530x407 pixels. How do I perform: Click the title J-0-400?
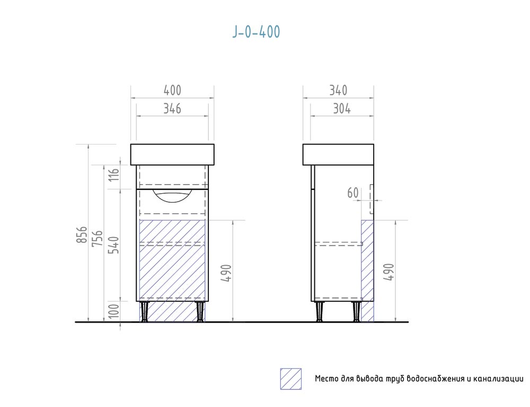point(256,32)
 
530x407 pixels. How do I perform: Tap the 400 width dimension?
point(172,91)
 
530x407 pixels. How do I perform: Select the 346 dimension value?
point(172,108)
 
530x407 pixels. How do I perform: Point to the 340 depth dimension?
point(338,91)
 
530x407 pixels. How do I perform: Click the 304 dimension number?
point(342,108)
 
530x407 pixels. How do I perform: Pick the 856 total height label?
point(82,235)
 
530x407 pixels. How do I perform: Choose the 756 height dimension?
point(98,238)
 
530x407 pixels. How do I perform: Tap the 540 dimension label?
point(114,245)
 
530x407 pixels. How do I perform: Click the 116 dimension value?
point(114,174)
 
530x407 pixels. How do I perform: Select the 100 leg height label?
point(114,311)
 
